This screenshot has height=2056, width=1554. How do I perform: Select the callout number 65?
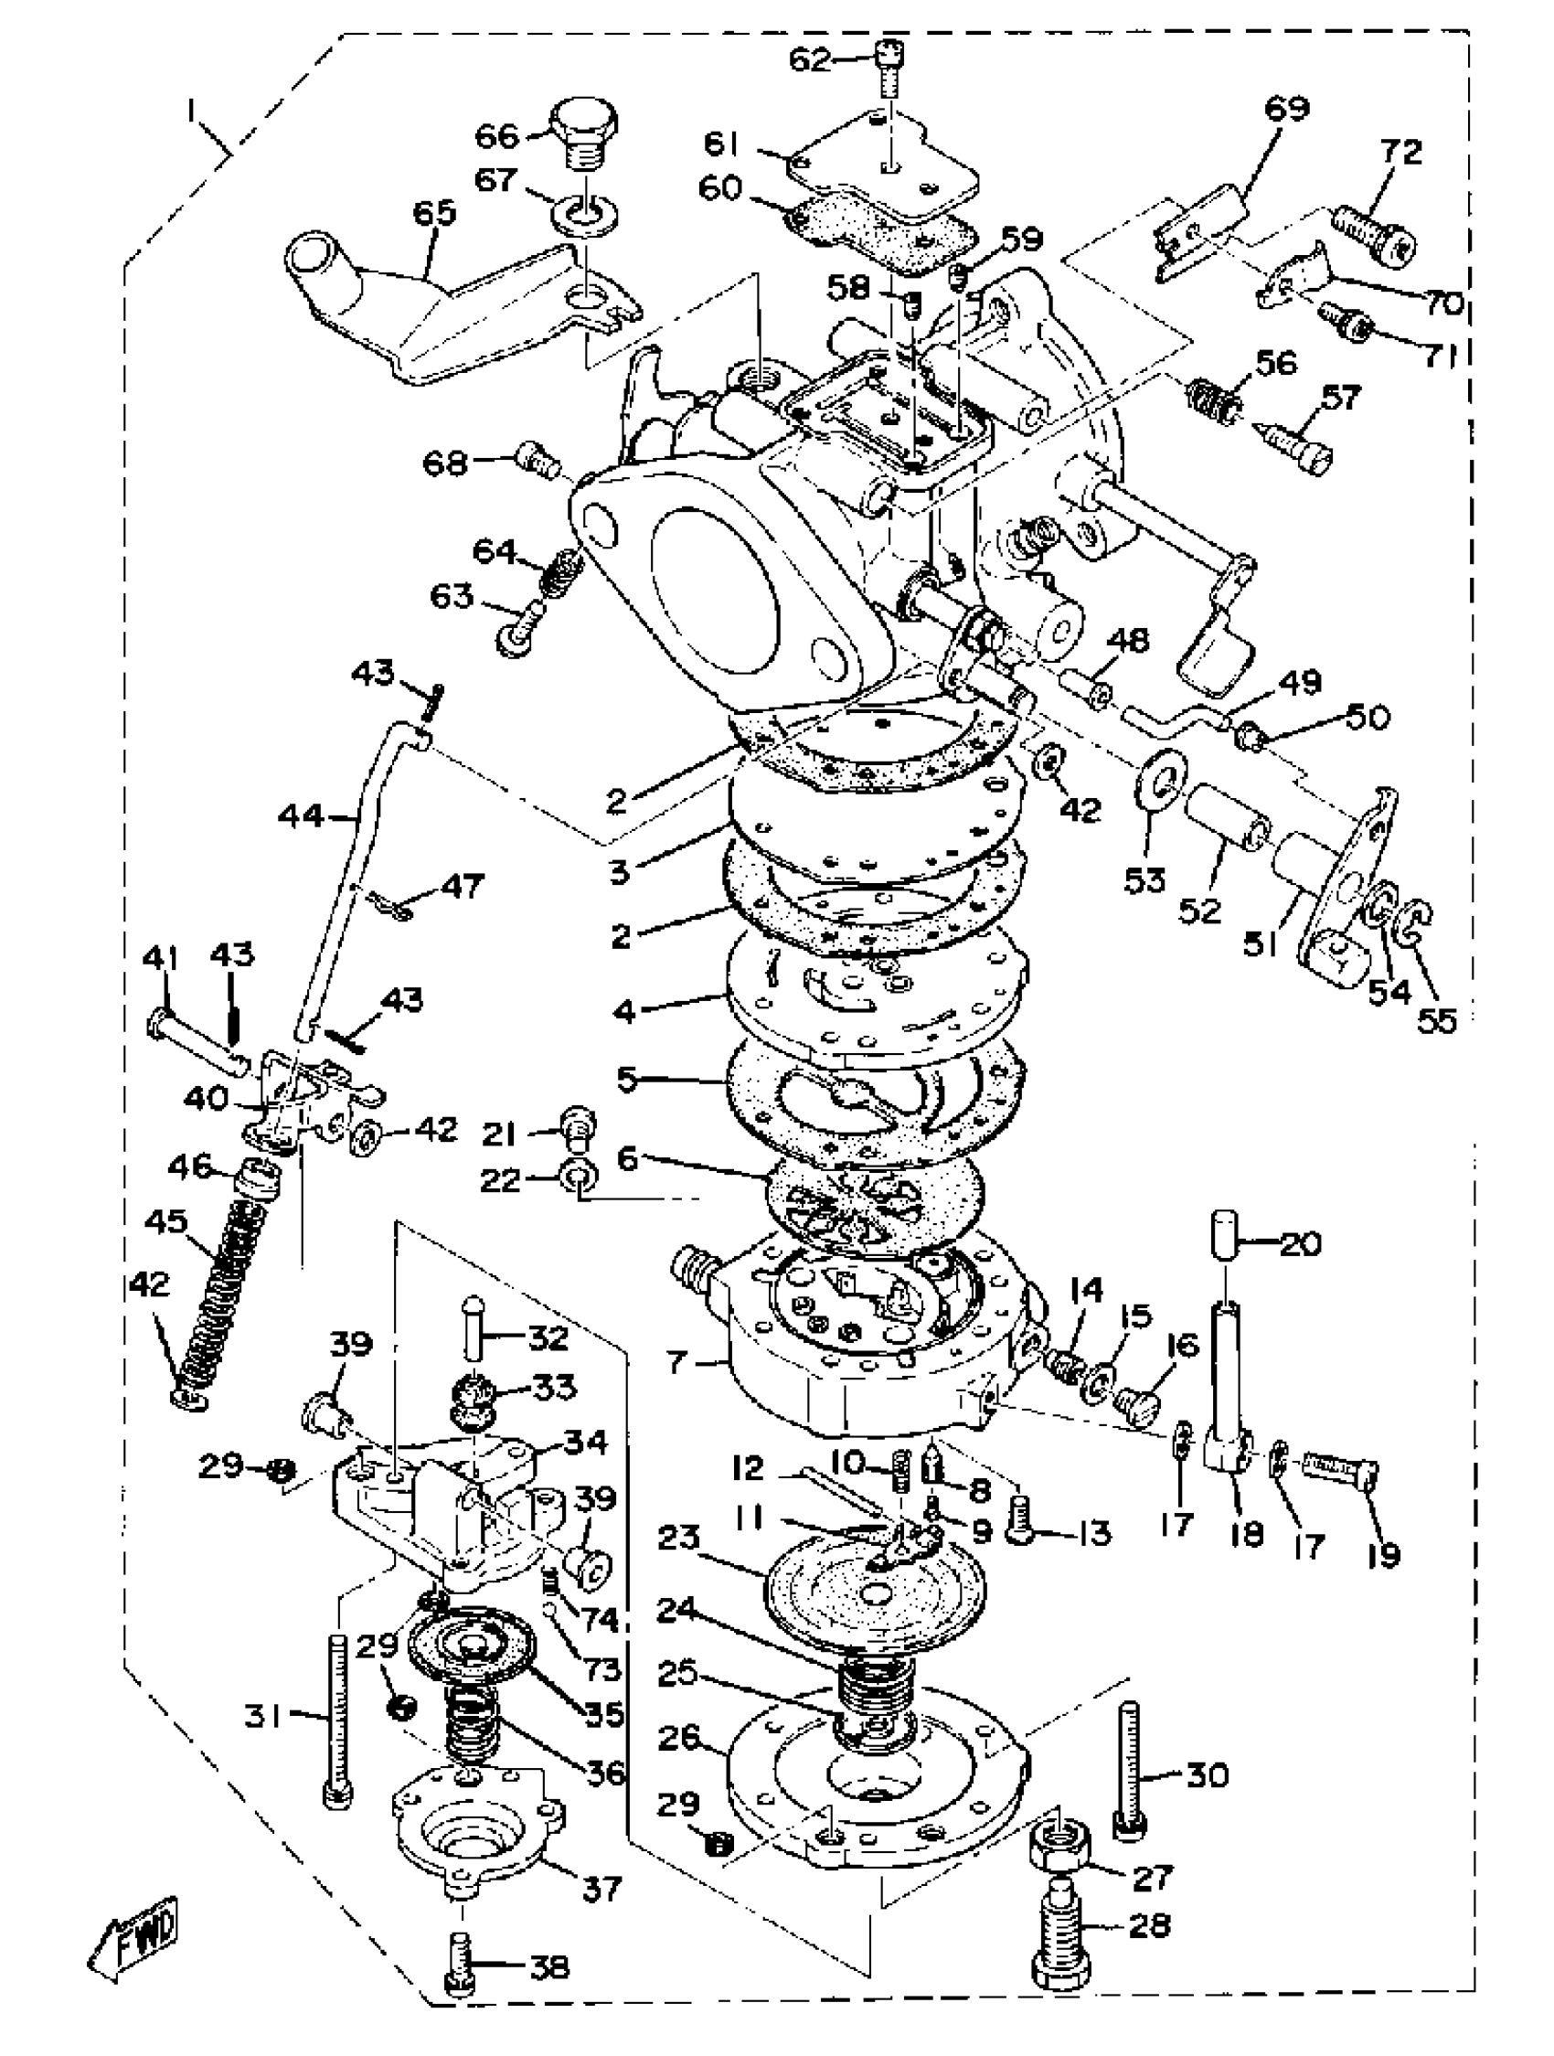coord(434,214)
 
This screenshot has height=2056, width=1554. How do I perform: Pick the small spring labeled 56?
coord(1213,397)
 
